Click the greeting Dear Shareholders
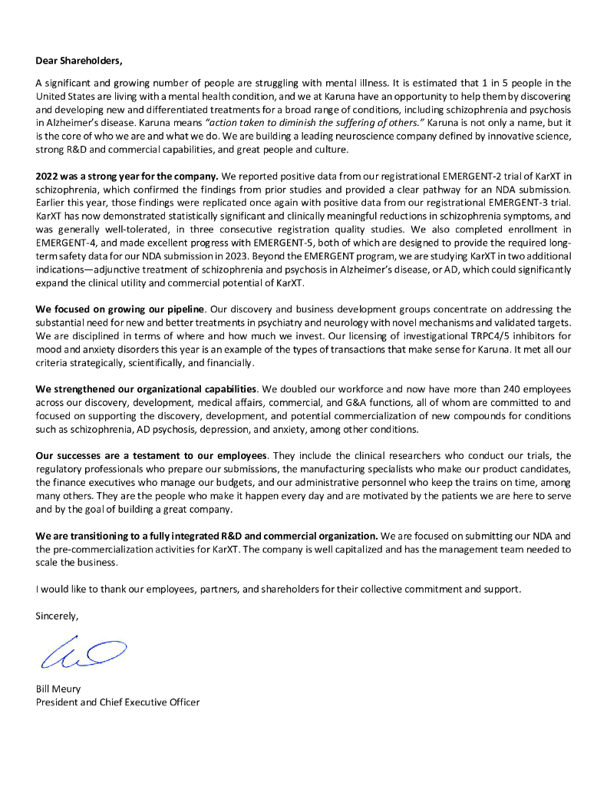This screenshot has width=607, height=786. click(79, 60)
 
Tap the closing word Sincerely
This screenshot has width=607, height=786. click(57, 615)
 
